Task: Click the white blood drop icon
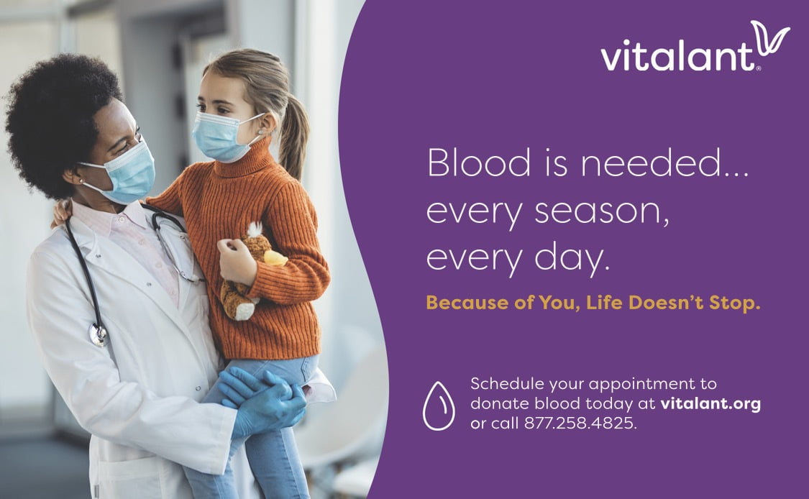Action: (x=439, y=406)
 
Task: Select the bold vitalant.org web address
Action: (x=710, y=403)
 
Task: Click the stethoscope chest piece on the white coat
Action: (x=98, y=335)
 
